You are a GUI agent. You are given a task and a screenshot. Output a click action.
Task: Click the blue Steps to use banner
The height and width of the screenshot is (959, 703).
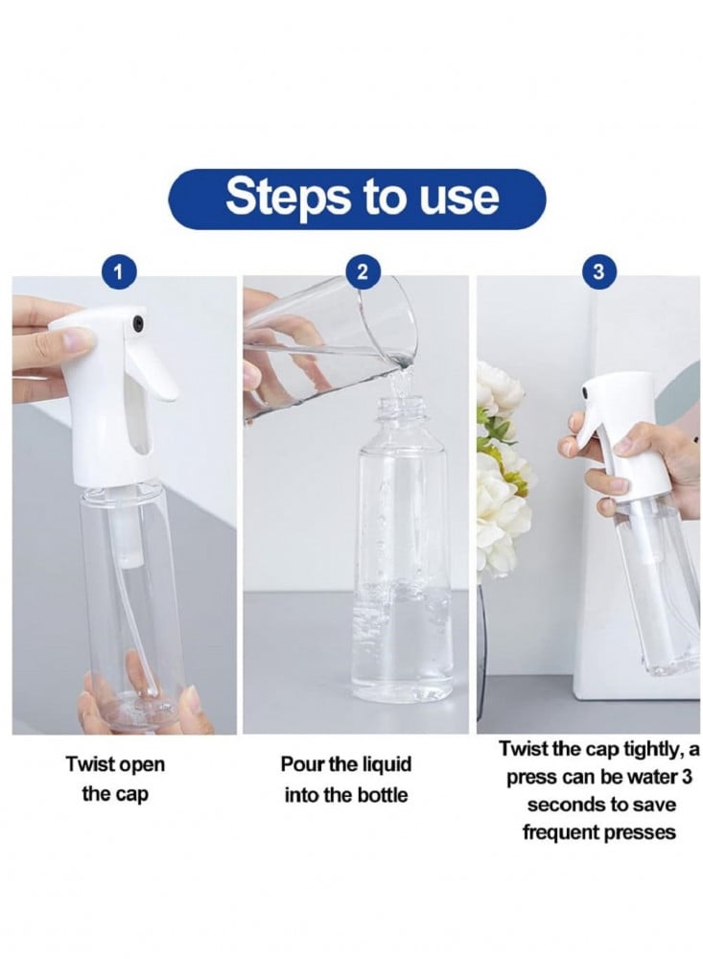point(357,199)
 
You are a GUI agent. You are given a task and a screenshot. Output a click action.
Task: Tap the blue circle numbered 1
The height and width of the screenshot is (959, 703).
point(119,271)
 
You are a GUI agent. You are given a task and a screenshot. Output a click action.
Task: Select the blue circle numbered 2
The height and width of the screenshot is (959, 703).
point(363,271)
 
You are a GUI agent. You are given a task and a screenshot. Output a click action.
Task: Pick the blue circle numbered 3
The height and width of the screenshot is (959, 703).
point(598,271)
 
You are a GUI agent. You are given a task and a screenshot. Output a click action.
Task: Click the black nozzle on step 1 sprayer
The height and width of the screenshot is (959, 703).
point(138,319)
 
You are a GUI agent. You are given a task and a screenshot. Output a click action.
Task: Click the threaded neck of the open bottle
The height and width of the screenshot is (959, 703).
point(403,409)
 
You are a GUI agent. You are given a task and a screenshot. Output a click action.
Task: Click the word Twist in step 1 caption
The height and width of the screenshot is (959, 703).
point(90,764)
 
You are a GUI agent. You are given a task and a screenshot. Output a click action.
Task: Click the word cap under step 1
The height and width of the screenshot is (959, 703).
point(132,795)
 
